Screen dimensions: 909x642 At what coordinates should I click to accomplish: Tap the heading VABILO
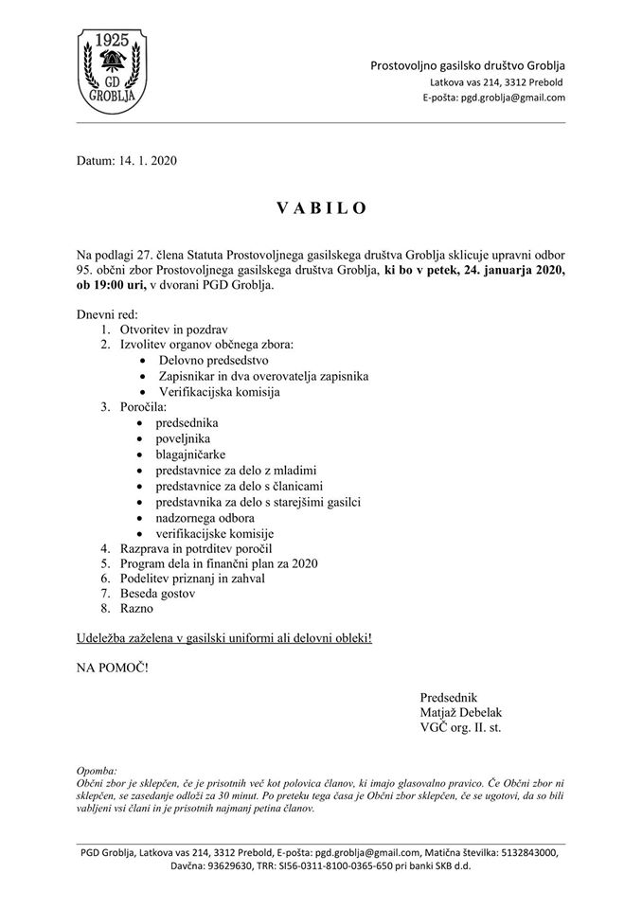[x=320, y=208]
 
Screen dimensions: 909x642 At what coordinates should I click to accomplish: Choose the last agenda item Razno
[x=137, y=610]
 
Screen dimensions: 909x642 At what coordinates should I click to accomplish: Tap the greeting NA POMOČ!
[x=113, y=668]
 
